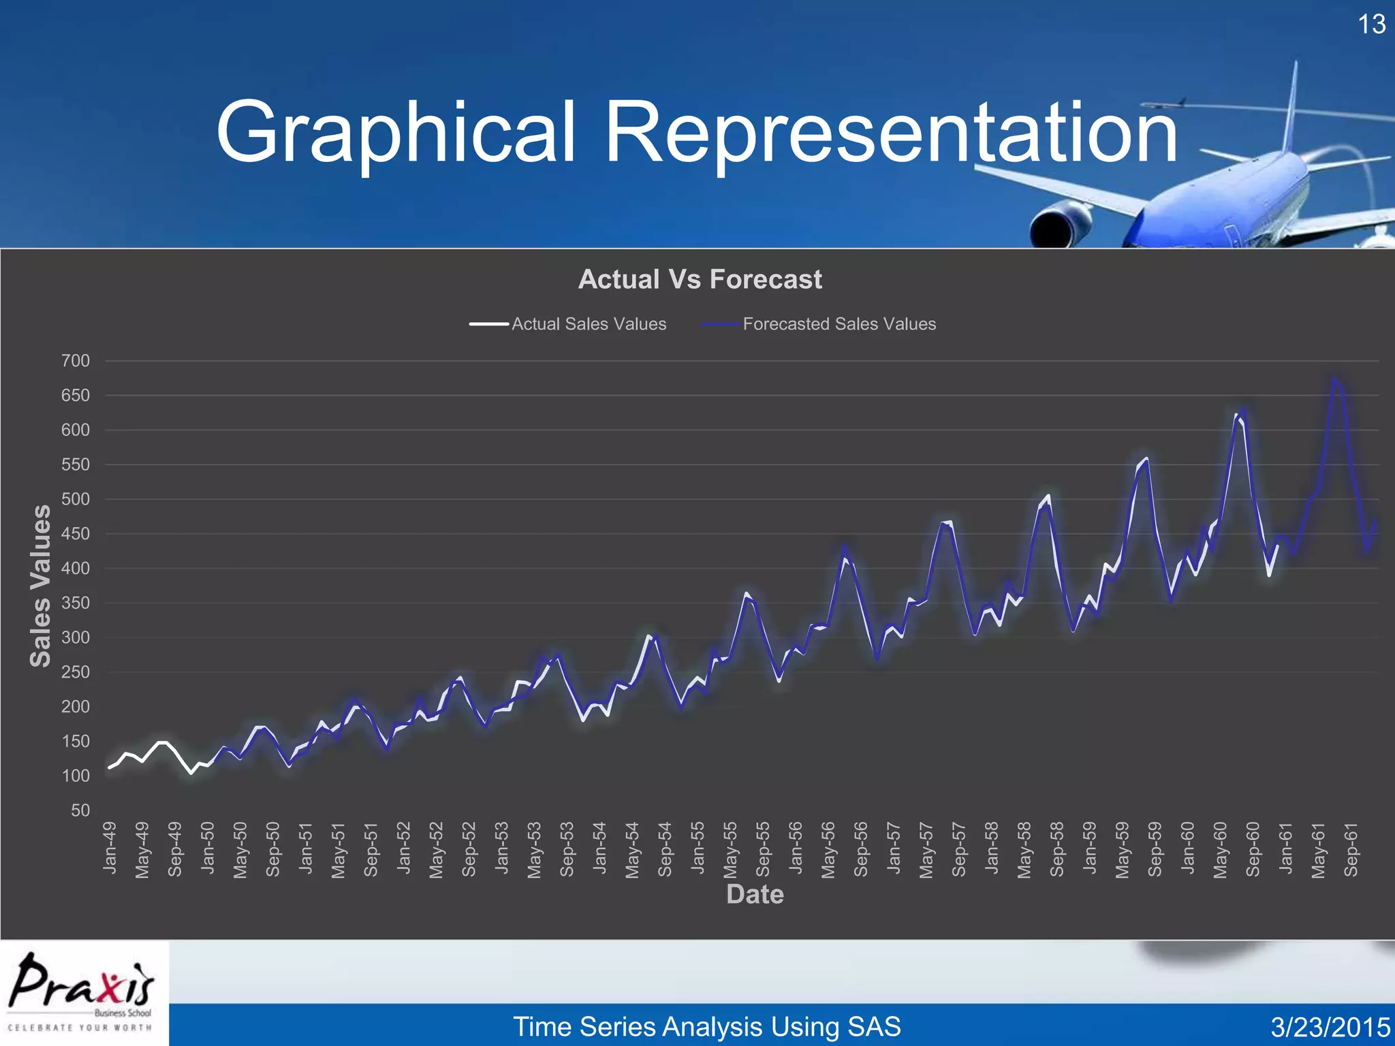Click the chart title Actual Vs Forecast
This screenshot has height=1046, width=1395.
coord(700,279)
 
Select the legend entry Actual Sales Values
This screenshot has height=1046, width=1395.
coord(589,324)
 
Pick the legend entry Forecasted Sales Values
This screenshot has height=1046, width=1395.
coord(838,324)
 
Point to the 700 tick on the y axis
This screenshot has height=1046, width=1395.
coord(76,361)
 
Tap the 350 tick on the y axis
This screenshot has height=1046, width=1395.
coord(76,603)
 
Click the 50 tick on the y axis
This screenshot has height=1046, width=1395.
coord(80,810)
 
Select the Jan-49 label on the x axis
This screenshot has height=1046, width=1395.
coord(110,848)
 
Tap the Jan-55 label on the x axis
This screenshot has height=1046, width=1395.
coord(698,848)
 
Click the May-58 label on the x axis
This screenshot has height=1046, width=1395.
coord(1024,850)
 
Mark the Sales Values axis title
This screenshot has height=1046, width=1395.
coord(41,586)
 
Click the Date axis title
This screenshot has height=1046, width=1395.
coord(755,894)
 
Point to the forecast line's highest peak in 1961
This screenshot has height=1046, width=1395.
coord(1334,379)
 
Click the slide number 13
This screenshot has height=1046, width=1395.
coord(1371,25)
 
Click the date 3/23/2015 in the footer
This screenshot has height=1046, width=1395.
coord(1330,1027)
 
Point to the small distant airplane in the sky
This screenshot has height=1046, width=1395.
coord(1163,104)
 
